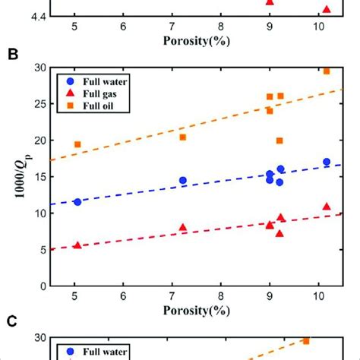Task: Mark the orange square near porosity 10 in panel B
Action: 327,71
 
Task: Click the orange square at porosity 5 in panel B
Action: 77,144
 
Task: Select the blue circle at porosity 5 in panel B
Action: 77,202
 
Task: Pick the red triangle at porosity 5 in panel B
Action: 77,245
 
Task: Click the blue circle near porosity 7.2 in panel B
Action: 183,181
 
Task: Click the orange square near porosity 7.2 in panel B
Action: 183,137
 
